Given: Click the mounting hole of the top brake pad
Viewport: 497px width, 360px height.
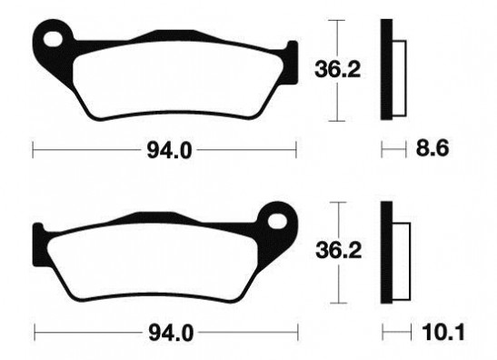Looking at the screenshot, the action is tap(53, 39).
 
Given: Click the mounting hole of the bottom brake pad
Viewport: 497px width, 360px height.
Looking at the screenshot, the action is tap(277, 221).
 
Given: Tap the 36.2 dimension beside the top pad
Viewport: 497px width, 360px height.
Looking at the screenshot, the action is tap(338, 69).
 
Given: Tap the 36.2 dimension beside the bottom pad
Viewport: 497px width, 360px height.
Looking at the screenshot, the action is tap(339, 251).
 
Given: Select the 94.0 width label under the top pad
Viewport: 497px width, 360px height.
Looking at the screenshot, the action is tap(169, 151).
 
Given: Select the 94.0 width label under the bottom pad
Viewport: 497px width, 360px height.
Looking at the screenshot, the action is tap(171, 334).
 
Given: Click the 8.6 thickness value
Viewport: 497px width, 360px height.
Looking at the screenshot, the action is tap(432, 148).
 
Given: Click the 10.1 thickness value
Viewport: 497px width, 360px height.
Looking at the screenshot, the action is tap(443, 332).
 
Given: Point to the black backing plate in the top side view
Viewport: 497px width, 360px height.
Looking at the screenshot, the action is tap(386, 69).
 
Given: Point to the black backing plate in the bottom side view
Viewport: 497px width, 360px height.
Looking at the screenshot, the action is tap(387, 252).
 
